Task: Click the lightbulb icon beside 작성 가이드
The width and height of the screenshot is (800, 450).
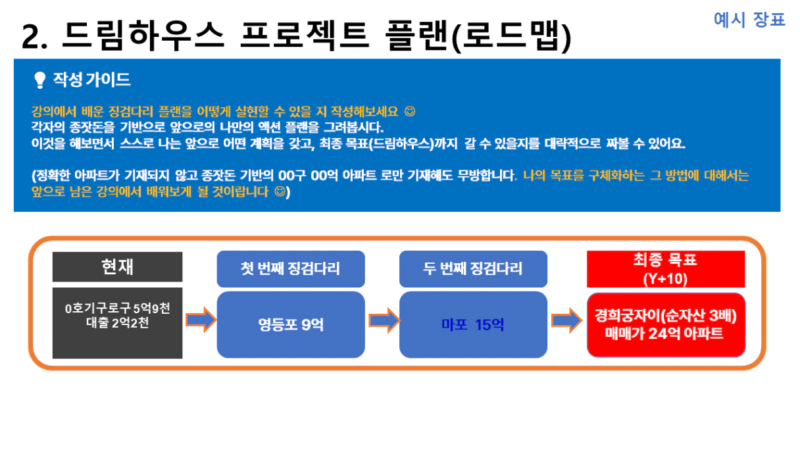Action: [x=39, y=80]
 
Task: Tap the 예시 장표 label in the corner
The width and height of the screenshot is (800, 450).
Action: [x=749, y=19]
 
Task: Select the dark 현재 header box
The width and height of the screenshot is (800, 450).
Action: [x=117, y=267]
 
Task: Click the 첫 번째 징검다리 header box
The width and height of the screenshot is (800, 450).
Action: [x=291, y=269]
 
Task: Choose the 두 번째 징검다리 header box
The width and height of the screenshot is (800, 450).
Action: [x=473, y=269]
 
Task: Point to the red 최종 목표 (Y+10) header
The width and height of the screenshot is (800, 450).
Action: [x=666, y=269]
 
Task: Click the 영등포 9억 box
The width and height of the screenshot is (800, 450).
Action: [x=291, y=324]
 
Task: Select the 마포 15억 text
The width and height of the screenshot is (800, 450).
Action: [x=472, y=324]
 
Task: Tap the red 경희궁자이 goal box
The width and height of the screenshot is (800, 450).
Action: [x=666, y=325]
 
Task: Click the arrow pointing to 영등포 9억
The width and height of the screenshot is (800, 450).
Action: [x=201, y=320]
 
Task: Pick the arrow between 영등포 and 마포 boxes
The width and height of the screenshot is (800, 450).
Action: [x=384, y=320]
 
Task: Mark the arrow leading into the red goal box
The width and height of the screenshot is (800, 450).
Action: [x=567, y=320]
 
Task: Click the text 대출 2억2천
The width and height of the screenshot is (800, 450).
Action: [x=118, y=323]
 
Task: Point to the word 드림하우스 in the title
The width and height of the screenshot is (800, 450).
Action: [x=143, y=35]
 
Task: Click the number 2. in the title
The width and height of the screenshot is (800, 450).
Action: [x=34, y=37]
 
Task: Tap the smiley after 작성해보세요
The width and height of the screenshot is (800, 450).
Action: [x=410, y=111]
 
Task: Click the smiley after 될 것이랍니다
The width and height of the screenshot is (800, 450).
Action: [x=280, y=192]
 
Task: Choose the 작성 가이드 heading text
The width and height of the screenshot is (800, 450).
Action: [x=92, y=80]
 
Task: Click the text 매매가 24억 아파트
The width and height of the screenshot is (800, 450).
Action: [x=664, y=333]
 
